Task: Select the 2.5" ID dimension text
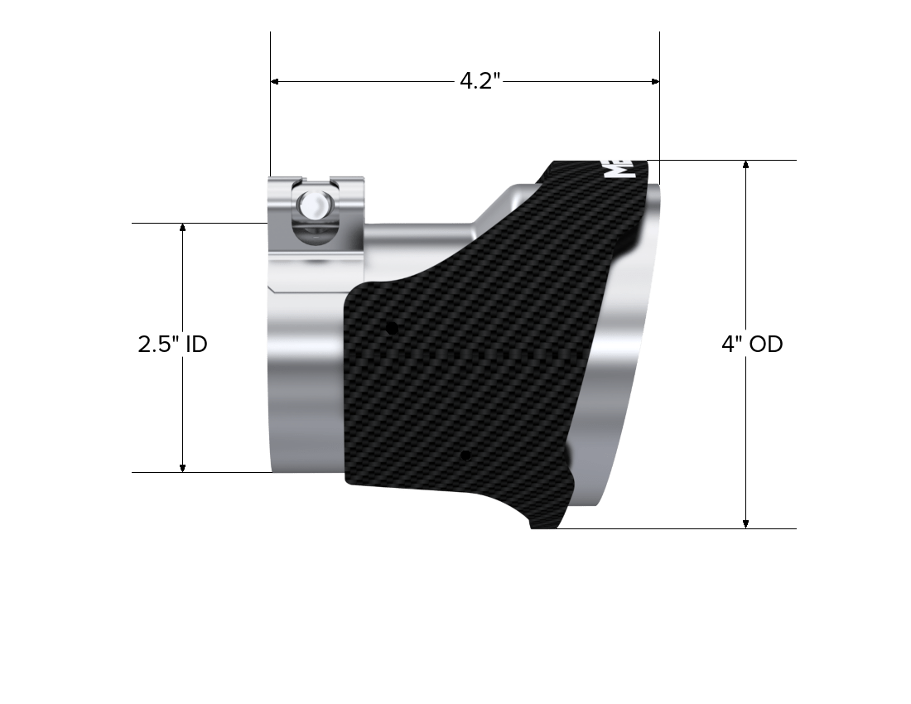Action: click(172, 344)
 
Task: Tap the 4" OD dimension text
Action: click(751, 344)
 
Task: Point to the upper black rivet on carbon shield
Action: click(393, 329)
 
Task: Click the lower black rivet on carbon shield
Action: click(466, 456)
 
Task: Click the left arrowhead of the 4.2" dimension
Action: click(276, 81)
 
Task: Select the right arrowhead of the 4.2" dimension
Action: click(655, 81)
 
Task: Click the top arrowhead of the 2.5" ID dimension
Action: click(183, 228)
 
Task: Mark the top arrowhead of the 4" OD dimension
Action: click(746, 165)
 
